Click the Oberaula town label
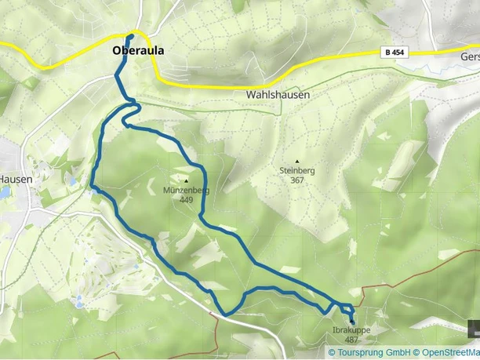click(138, 51)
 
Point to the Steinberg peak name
click(296, 169)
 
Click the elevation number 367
click(296, 180)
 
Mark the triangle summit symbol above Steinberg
click(296, 161)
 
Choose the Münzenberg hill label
click(186, 190)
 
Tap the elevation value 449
click(186, 199)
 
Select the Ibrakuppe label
click(351, 331)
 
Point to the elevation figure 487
click(351, 340)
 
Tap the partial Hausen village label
click(16, 179)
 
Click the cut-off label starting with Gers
click(470, 57)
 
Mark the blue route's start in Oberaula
click(130, 36)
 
